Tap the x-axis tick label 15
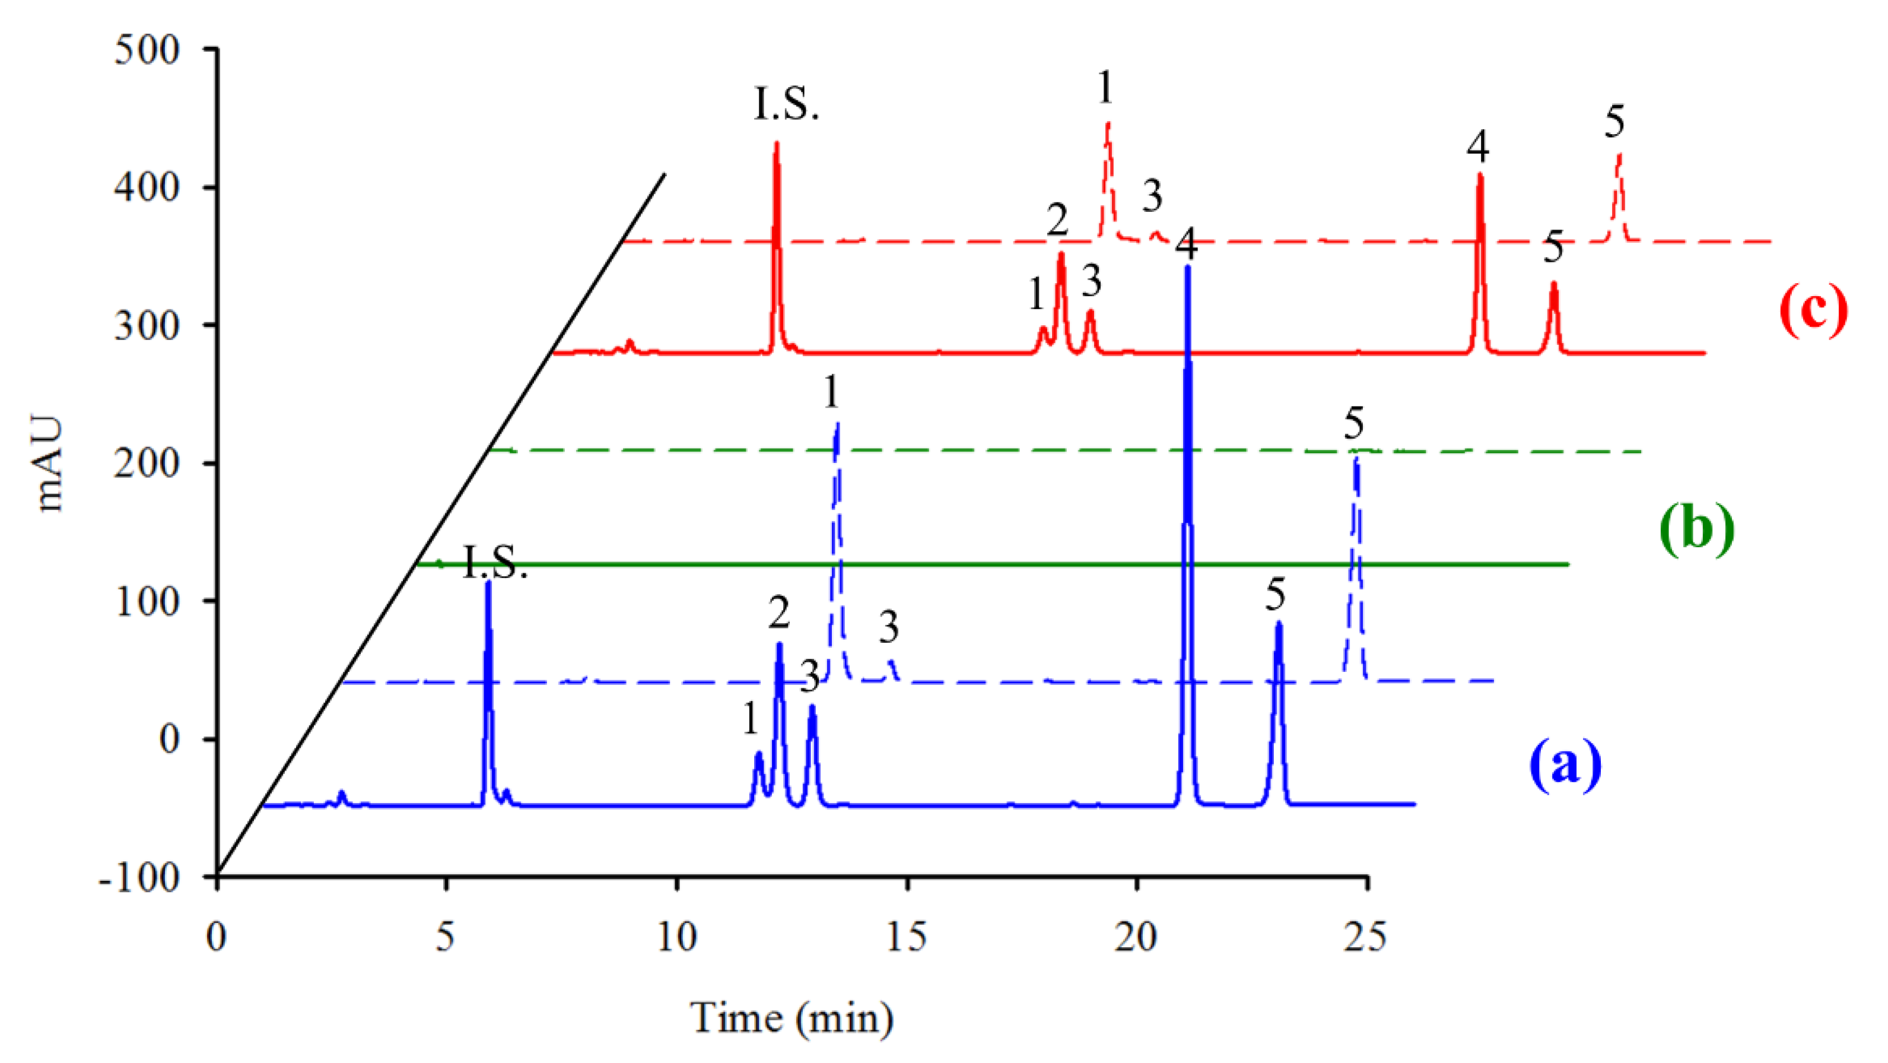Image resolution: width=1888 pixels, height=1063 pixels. point(907,937)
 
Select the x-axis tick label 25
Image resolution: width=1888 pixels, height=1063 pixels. point(1365,937)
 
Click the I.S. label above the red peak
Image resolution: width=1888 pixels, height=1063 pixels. point(786,105)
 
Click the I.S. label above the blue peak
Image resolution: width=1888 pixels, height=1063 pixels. point(495,563)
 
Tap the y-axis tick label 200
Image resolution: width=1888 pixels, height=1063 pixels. point(147,464)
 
